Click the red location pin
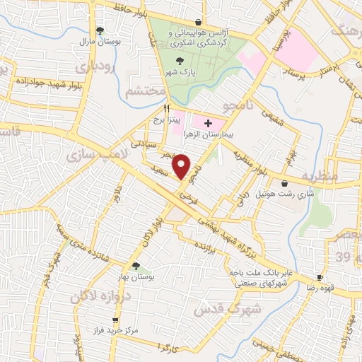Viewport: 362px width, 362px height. point(182,166)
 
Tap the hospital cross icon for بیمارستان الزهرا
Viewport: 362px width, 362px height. point(207,123)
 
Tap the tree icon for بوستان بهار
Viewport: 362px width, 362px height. point(136,266)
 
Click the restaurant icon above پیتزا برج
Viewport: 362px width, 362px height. point(167,109)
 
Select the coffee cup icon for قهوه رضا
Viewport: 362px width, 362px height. point(320,277)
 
